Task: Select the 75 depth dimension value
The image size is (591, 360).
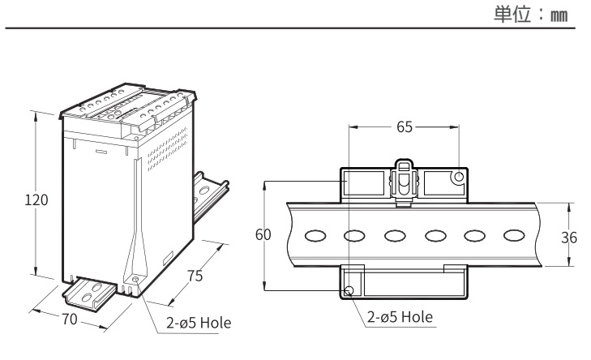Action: pos(195,276)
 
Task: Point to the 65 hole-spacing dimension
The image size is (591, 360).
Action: pos(403,127)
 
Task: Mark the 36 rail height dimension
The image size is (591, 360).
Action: pos(569,238)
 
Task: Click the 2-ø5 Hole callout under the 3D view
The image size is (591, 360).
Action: pos(196,323)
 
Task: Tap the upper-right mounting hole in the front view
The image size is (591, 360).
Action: pos(459,177)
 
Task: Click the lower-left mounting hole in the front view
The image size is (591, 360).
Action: pos(349,290)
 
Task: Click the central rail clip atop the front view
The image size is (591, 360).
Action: pos(403,182)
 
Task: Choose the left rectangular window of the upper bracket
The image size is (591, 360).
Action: pos(362,183)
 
